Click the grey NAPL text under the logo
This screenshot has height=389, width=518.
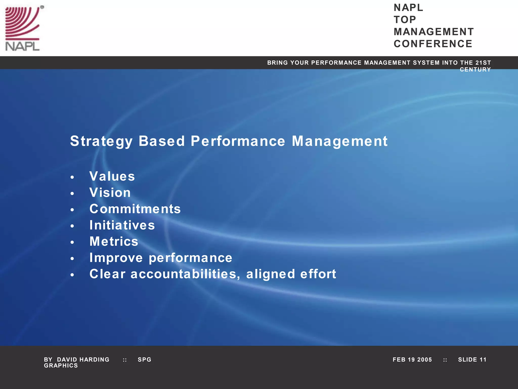pos(22,46)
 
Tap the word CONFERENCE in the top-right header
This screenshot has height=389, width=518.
pos(433,44)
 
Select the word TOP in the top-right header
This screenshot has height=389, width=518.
pos(405,20)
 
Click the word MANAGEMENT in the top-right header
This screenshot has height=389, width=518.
pos(434,32)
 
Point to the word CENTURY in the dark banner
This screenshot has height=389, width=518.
pos(475,70)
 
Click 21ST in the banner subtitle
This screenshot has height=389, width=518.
pos(483,63)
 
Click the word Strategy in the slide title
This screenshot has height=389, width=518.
pos(101,141)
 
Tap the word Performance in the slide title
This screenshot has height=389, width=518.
pos(238,141)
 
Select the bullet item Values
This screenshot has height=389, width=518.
pos(112,176)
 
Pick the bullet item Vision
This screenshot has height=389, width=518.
pos(110,192)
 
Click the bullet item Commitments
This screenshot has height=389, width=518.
pos(135,209)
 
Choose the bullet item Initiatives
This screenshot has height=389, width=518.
pos(122,225)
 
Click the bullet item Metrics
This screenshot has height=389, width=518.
pos(114,241)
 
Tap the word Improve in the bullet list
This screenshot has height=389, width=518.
pos(116,258)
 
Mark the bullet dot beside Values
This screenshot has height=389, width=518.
pos(72,177)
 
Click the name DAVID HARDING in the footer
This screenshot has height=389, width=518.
pos(83,360)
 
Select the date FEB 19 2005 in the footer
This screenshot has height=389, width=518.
pos(412,360)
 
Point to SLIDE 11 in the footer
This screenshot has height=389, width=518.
pos(472,360)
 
